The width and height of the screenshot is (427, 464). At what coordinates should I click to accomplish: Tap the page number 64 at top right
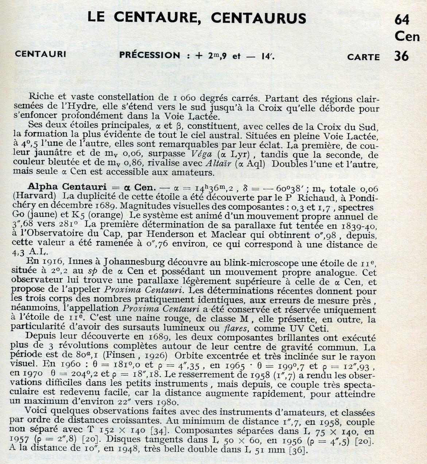tap(402, 20)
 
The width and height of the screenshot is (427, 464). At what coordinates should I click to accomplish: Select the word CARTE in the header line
tap(363, 57)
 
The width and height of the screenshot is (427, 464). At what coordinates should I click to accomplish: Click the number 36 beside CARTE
tap(401, 56)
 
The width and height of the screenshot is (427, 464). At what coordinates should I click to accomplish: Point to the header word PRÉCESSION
tap(150, 55)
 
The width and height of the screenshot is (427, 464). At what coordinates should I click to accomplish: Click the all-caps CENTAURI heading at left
tap(40, 54)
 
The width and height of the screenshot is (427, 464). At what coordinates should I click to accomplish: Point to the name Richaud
tap(311, 197)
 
